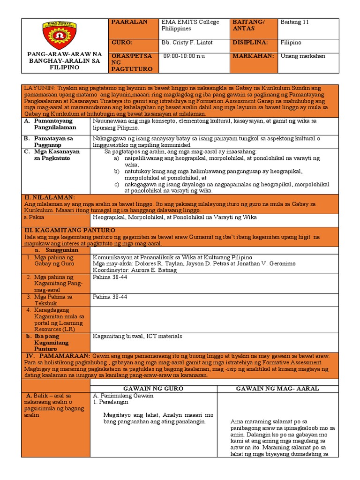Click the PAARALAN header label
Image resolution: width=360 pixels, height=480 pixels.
128,22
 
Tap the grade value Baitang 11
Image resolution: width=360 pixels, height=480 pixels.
295,22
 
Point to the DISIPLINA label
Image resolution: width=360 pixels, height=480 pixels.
250,43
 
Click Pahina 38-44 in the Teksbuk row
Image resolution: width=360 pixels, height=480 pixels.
110,297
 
